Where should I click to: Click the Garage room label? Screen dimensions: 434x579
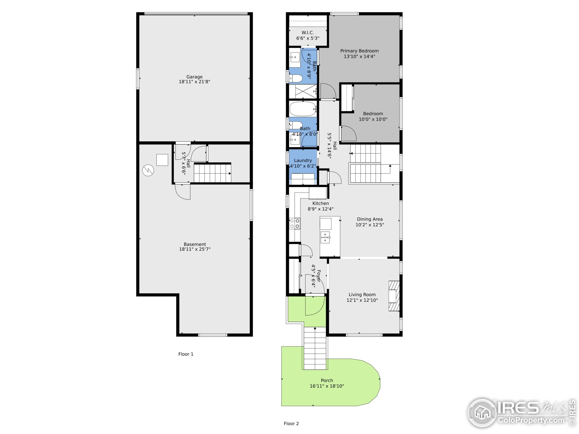point(194,77)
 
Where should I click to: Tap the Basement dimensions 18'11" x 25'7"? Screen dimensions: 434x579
point(195,249)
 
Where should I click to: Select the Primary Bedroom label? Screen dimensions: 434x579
point(359,51)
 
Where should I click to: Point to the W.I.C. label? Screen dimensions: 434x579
point(308,33)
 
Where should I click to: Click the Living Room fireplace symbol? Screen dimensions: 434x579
point(394,296)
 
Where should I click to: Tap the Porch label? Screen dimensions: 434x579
point(327,380)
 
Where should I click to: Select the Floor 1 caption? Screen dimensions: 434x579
point(186,354)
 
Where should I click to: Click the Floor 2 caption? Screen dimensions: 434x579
point(291,424)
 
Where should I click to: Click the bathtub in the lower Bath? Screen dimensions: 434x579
point(303,108)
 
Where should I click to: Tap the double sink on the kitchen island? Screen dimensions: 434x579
point(325,237)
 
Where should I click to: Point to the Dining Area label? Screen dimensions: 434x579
point(370,219)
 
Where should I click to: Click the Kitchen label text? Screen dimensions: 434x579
point(320,203)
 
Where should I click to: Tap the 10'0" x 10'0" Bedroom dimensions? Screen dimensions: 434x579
point(373,120)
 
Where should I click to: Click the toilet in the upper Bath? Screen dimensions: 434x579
point(296,78)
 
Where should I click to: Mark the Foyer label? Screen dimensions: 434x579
point(318,276)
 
